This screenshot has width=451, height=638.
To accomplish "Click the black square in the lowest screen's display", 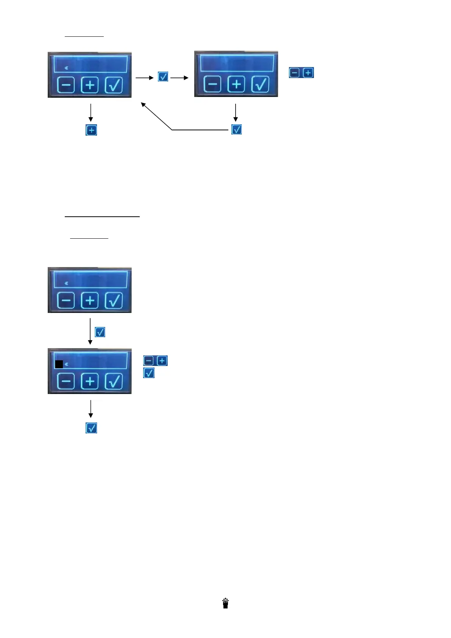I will coord(59,364).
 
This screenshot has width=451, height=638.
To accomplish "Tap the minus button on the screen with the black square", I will coord(66,381).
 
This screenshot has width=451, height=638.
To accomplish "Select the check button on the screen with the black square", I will coord(114,381).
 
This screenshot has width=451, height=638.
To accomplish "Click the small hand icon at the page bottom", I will coord(226,603).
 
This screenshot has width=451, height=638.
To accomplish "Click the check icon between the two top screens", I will coord(163,77).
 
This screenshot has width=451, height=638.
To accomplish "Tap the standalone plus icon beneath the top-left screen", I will coord(91,130).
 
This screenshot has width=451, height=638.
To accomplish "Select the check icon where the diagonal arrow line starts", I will coord(237,130).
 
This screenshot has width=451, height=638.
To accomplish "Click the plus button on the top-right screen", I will coord(237,84).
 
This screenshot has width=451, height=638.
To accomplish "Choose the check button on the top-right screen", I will coord(261,84).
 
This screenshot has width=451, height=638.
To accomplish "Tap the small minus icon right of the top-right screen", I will coord(295,73).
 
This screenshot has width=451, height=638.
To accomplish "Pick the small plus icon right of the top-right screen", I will coord(308,73).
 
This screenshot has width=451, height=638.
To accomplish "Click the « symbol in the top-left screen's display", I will coord(66,68).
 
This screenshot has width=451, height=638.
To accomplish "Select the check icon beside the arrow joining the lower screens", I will coord(100,332).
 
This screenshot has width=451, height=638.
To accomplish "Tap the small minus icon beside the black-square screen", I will coord(149,361).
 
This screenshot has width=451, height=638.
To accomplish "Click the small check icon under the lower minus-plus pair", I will coord(149,373).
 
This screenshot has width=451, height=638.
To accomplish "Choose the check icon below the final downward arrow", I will coord(92,428).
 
